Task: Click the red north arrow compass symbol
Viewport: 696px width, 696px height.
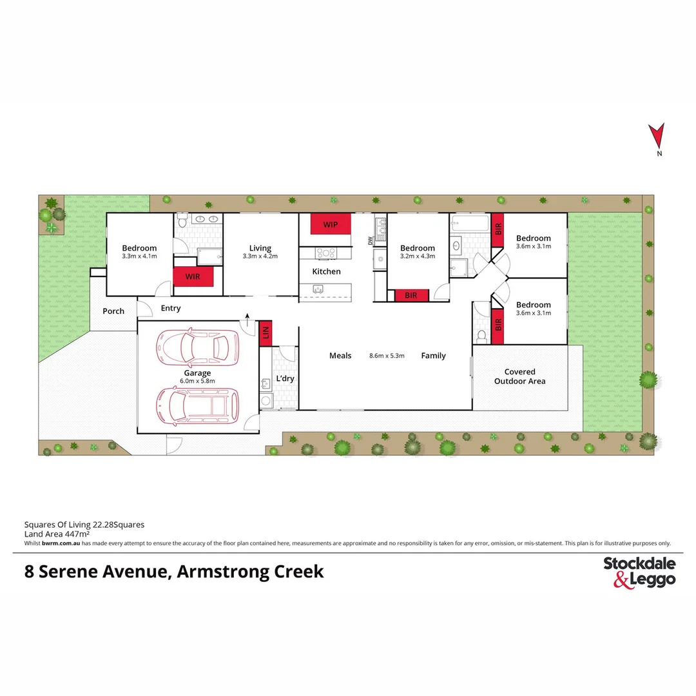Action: click(x=657, y=135)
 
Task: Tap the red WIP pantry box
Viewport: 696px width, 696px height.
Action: click(x=331, y=224)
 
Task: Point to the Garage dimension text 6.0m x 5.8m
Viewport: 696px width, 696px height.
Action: click(x=197, y=381)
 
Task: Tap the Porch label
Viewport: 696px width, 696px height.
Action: click(x=113, y=311)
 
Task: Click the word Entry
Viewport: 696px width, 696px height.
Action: click(x=171, y=308)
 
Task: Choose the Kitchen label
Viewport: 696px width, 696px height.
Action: click(x=326, y=271)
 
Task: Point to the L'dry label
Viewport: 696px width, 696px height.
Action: click(x=285, y=378)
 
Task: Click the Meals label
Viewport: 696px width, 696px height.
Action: click(x=340, y=356)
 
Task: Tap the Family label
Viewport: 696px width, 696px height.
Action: click(x=433, y=356)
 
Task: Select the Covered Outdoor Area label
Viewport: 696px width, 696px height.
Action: click(x=519, y=376)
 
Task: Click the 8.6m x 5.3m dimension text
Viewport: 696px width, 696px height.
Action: click(x=387, y=356)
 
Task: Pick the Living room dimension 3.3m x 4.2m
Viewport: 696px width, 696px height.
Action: click(x=260, y=256)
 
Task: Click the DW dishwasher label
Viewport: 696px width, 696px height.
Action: click(x=371, y=242)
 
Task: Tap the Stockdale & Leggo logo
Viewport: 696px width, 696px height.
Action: click(x=639, y=572)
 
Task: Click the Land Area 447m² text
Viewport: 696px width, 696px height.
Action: click(x=57, y=534)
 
